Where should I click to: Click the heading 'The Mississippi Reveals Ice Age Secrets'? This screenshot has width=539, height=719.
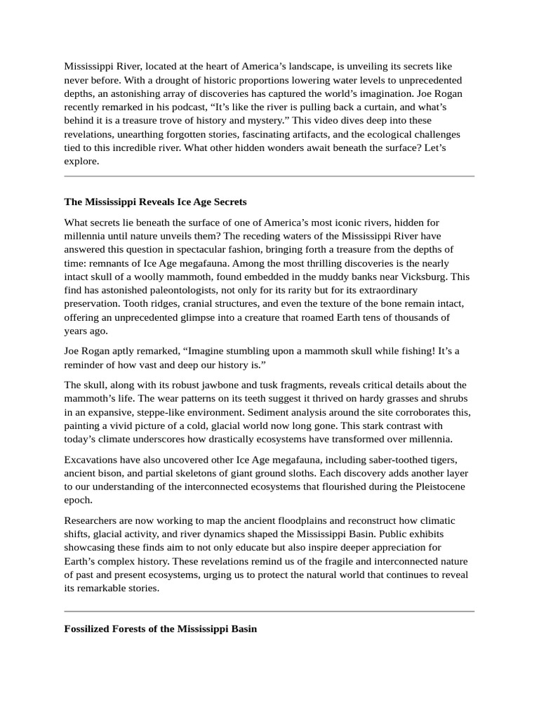(155, 202)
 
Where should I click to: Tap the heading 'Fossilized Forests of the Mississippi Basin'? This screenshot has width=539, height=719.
(160, 629)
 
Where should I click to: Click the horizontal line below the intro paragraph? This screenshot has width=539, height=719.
(269, 176)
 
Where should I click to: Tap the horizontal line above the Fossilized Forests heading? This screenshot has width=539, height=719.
(269, 611)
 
